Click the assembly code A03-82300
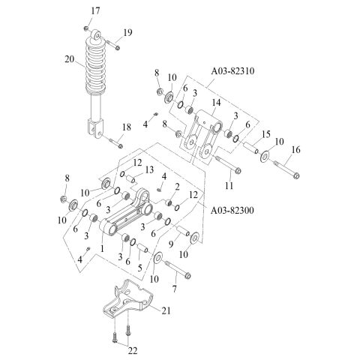pyautogui.click(x=236, y=211)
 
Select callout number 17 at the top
pyautogui.click(x=94, y=10)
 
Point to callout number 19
pyautogui.click(x=127, y=32)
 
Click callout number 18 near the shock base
pyautogui.click(x=126, y=127)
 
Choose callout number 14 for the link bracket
pyautogui.click(x=216, y=102)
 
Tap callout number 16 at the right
pyautogui.click(x=295, y=151)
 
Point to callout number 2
pyautogui.click(x=177, y=187)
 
